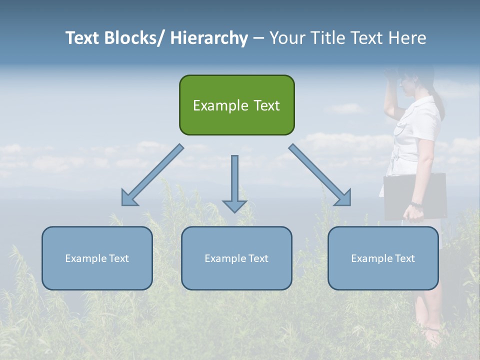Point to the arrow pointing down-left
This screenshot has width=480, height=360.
point(151,175)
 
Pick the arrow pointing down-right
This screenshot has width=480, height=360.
point(320,175)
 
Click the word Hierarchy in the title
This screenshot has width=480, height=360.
point(209,38)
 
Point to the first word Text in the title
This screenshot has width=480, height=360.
point(82,38)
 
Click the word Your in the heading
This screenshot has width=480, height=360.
point(287,38)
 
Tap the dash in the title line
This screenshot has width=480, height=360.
point(258,38)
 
